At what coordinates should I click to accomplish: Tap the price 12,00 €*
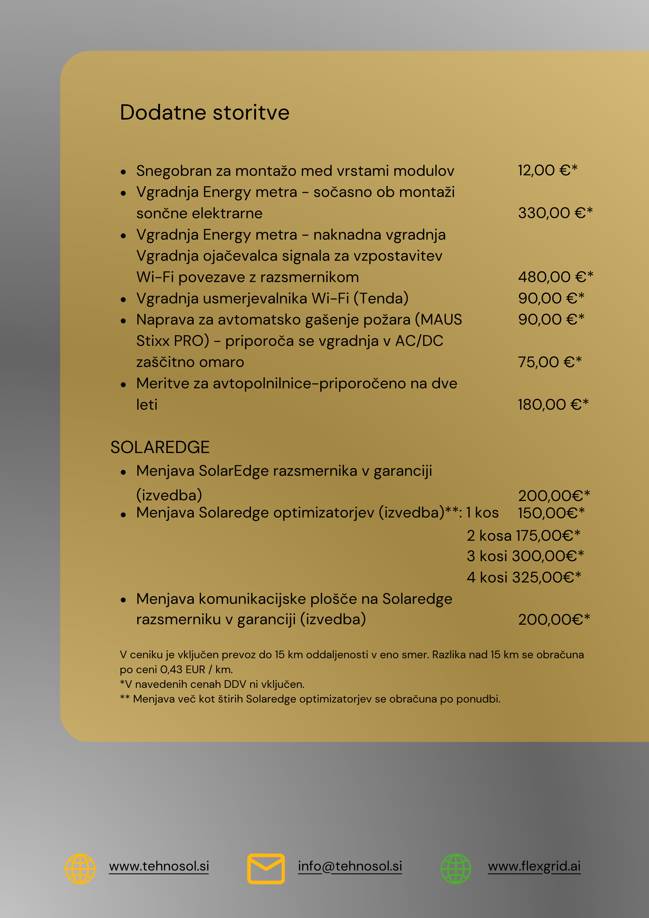[547, 170]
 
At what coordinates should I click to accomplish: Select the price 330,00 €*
[555, 213]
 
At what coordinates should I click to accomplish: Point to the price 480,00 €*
[555, 277]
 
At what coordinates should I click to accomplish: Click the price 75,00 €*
[549, 362]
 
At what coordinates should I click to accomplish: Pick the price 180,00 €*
[553, 405]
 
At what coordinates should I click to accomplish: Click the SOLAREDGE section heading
[160, 447]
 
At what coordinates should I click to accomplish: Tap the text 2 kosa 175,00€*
[523, 535]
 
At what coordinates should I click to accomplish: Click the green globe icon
[456, 868]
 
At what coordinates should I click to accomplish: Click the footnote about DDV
[212, 684]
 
